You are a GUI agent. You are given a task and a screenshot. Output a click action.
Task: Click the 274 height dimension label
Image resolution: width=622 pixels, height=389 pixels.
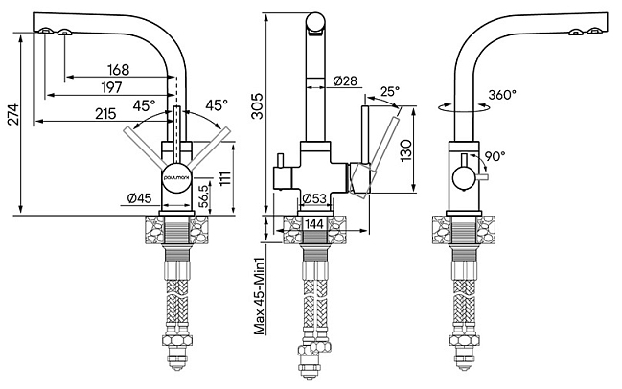[x=13, y=114]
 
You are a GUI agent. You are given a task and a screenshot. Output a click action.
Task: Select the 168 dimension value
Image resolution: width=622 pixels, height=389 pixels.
[x=119, y=70]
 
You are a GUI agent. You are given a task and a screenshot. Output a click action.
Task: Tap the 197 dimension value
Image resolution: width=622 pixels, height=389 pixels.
[x=111, y=87]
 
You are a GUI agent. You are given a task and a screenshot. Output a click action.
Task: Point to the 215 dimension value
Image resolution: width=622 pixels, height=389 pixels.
[x=105, y=113]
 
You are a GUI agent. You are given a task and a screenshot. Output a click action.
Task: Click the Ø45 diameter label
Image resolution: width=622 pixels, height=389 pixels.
[x=139, y=197]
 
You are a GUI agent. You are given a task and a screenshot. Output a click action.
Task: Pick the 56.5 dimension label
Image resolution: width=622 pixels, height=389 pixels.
[x=204, y=195]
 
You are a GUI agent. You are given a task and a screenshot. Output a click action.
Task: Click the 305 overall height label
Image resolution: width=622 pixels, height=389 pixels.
[x=258, y=106]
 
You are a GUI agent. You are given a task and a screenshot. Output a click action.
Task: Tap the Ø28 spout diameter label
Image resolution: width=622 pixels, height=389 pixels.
[x=345, y=80]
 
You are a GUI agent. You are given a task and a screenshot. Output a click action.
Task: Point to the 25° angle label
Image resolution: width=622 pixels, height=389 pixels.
[x=390, y=92]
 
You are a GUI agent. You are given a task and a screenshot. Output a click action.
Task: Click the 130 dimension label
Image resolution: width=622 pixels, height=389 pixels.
[x=405, y=150]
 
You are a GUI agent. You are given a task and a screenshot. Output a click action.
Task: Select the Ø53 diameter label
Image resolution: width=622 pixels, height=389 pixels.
[x=314, y=198]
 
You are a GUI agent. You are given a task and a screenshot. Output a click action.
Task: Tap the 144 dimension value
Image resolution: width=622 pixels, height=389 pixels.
[x=314, y=224]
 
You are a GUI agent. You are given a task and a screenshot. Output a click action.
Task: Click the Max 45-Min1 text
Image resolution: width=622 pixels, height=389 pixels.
[x=259, y=297]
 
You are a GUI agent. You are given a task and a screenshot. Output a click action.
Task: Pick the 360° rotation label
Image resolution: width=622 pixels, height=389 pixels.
[x=502, y=95]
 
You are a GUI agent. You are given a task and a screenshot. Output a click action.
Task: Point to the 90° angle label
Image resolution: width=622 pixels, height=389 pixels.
[x=495, y=155]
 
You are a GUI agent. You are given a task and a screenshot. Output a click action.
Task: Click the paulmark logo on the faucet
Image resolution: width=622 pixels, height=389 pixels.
[x=177, y=178]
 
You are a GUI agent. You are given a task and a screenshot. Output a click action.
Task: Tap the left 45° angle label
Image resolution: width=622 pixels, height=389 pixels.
[x=144, y=105]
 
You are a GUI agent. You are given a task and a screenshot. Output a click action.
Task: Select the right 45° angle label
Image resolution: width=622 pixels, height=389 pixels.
[x=217, y=104]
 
